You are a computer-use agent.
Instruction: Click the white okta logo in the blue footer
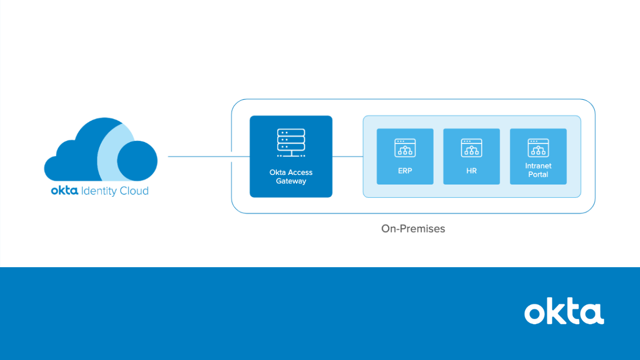[564, 313]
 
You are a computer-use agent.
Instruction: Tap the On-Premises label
[413, 229]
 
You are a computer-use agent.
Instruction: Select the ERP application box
[405, 156]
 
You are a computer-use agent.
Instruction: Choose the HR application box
[471, 156]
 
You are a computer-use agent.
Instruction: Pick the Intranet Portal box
[538, 156]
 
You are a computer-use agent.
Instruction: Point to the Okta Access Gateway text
[291, 177]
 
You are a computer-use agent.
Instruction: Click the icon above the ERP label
[405, 148]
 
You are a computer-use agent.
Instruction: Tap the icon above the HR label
[471, 148]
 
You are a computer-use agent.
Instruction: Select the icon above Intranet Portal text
[538, 148]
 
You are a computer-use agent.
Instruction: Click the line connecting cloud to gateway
[208, 157]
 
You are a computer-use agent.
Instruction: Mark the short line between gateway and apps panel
[347, 157]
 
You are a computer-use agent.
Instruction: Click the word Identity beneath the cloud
[101, 191]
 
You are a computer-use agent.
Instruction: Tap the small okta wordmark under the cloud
[65, 191]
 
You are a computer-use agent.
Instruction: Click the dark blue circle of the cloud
[137, 161]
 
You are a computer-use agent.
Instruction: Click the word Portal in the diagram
[538, 174]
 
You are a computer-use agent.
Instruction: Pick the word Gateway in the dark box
[291, 181]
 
